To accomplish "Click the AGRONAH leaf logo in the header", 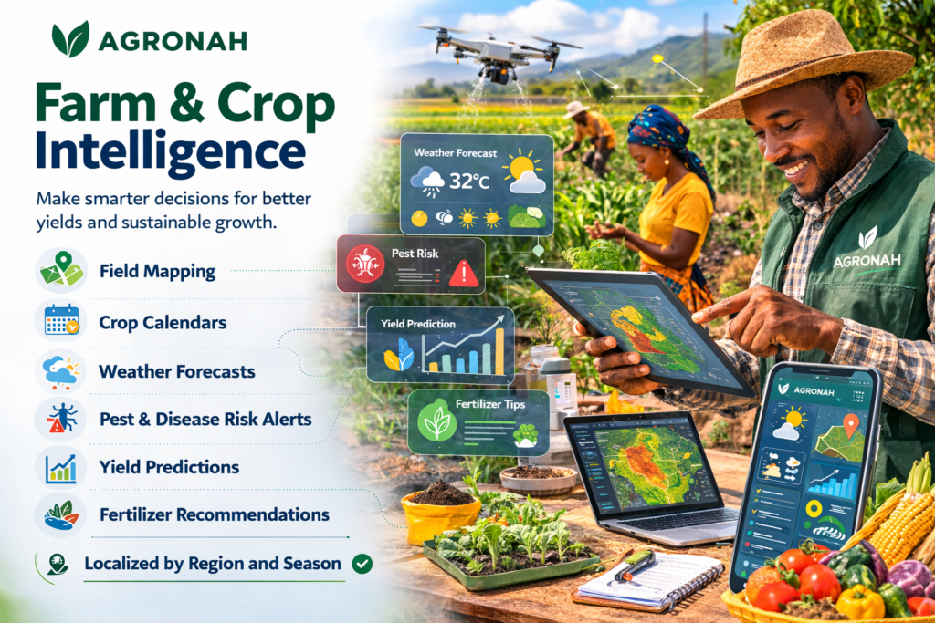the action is [x=70, y=38].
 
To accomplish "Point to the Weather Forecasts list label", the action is [x=177, y=371].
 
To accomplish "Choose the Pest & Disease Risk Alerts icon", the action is [x=61, y=418].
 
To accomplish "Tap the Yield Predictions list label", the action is [x=169, y=467].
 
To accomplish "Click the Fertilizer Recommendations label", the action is [x=214, y=514].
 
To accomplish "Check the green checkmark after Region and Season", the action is [x=362, y=564].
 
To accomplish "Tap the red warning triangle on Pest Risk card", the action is [x=463, y=274].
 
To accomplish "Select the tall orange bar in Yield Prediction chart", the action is [x=499, y=351].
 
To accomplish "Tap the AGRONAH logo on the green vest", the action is [x=867, y=250].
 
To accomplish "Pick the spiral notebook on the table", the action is [x=649, y=581].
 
